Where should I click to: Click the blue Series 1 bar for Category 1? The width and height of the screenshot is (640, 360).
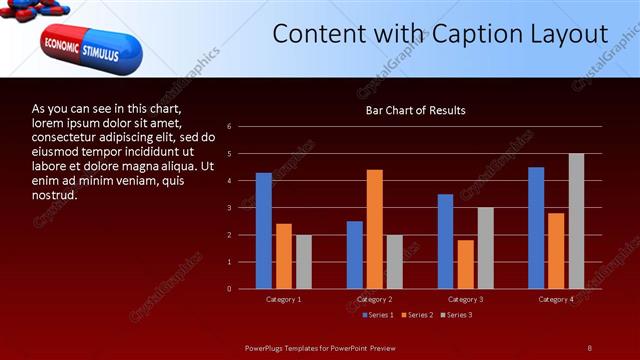264,231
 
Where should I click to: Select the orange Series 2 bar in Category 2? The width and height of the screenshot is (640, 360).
375,229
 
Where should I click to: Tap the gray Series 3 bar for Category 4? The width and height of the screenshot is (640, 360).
576,221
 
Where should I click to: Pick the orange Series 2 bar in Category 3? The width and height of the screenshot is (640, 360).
465,264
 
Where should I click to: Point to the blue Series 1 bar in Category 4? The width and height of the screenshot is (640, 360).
536,228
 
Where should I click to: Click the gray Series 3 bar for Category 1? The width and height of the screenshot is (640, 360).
304,262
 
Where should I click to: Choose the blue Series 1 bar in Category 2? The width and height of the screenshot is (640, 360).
355,255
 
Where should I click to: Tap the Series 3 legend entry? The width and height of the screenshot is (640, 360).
457,315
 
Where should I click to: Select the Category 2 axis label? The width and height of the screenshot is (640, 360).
375,300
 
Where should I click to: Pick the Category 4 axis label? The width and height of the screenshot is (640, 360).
556,300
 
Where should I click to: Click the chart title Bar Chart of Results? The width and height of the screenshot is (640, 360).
415,110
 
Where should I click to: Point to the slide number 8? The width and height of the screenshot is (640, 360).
590,347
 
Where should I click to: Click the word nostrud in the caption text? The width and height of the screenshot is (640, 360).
55,194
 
